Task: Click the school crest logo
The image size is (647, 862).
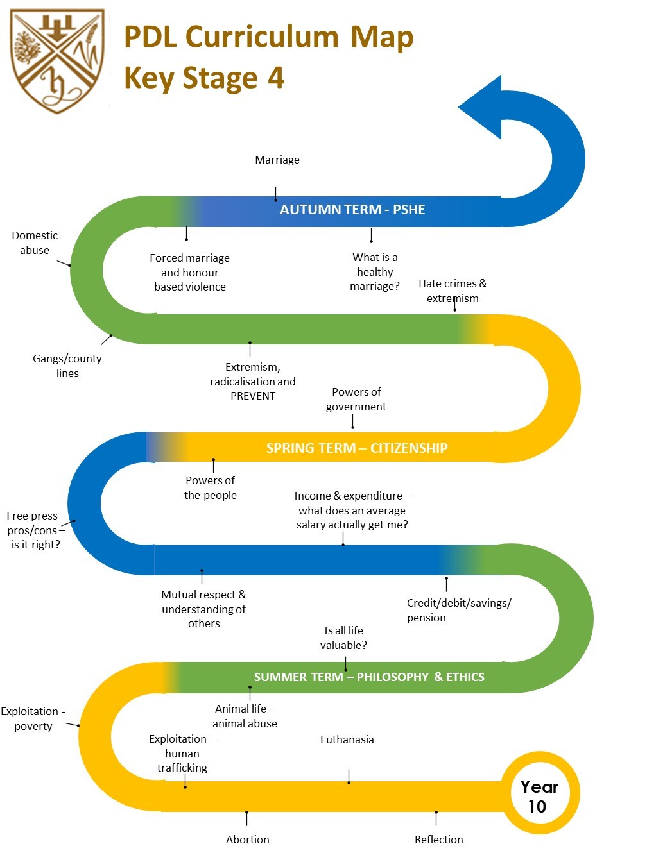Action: [57, 62]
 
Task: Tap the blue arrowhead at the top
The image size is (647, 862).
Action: [483, 107]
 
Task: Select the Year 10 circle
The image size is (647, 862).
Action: [539, 796]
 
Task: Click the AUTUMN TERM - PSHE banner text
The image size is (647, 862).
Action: [352, 210]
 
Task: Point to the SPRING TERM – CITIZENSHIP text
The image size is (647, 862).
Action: [357, 448]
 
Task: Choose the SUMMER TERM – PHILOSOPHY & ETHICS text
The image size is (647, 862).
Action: [369, 677]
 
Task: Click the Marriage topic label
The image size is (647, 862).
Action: [277, 160]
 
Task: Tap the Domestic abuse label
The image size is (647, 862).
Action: [35, 243]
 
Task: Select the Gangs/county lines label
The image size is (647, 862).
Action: [67, 366]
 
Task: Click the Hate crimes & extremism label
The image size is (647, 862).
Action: [453, 291]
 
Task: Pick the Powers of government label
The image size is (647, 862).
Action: [356, 399]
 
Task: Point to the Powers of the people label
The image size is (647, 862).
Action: [210, 487]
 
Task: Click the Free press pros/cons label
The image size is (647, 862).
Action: [35, 530]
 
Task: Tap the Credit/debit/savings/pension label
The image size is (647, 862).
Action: [458, 610]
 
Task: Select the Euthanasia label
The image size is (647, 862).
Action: [347, 739]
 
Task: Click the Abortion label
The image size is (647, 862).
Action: [247, 840]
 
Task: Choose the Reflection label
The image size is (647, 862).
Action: [438, 840]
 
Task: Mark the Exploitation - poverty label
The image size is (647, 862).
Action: [33, 718]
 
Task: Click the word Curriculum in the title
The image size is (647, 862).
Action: [263, 37]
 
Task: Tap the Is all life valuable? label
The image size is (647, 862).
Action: [343, 638]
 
